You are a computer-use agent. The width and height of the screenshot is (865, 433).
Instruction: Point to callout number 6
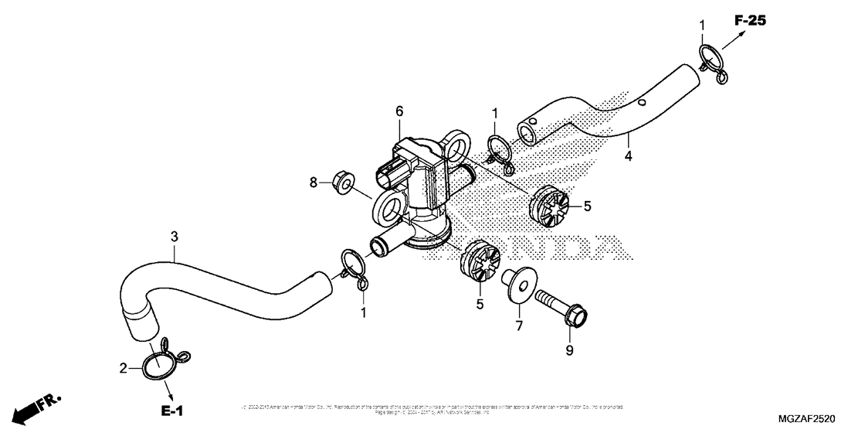(x=399, y=111)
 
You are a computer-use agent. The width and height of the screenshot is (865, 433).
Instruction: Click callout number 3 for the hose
(x=175, y=234)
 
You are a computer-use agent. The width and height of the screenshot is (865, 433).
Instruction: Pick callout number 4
(x=628, y=155)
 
